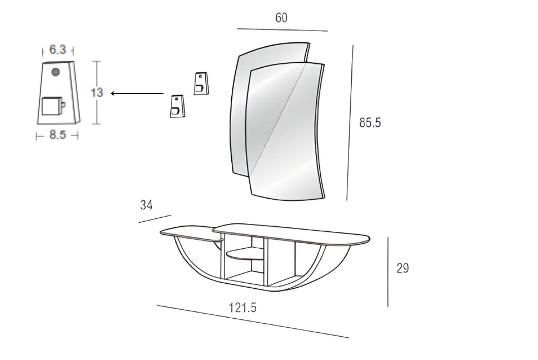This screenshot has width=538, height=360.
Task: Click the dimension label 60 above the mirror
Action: click(x=281, y=18)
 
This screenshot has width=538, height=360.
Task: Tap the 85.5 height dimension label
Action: click(x=370, y=122)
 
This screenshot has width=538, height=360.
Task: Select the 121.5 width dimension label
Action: click(x=243, y=308)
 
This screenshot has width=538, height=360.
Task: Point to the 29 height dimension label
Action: click(x=402, y=268)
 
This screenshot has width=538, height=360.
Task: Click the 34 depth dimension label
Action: click(x=146, y=205)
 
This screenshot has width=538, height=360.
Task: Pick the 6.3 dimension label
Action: click(x=57, y=49)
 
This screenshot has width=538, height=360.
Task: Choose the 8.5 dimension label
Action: click(x=57, y=135)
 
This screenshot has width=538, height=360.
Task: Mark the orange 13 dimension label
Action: click(x=97, y=93)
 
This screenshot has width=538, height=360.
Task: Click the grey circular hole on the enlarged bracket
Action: click(x=56, y=72)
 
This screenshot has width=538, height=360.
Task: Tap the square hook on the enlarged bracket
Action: click(x=52, y=106)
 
